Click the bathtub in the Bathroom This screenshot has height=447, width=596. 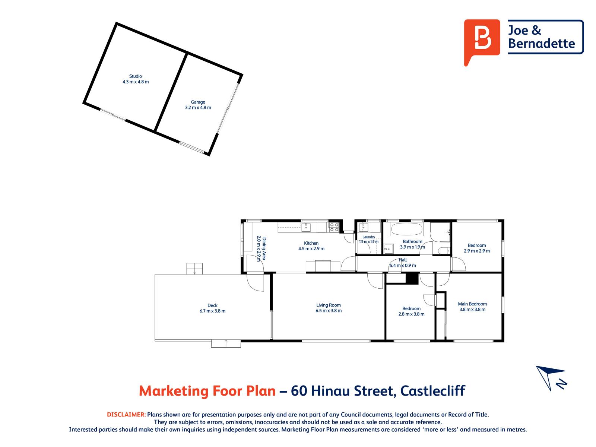pyautogui.click(x=406, y=229)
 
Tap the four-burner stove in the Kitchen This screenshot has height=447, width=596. pyautogui.click(x=334, y=227)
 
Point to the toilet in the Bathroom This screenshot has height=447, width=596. pyautogui.click(x=444, y=250)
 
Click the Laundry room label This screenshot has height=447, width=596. pyautogui.click(x=368, y=237)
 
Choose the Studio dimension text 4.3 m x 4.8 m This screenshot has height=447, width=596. pyautogui.click(x=136, y=82)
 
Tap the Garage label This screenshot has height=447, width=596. pyautogui.click(x=198, y=102)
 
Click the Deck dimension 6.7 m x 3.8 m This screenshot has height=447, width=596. pyautogui.click(x=212, y=311)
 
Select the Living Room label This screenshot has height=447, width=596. pyautogui.click(x=328, y=305)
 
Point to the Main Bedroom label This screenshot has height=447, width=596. pyautogui.click(x=472, y=304)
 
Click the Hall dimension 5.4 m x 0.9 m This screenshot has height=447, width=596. pyautogui.click(x=403, y=266)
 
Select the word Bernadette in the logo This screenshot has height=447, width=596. pyautogui.click(x=541, y=44)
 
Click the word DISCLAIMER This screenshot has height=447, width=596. pyautogui.click(x=126, y=415)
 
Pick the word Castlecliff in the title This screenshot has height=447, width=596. pyautogui.click(x=432, y=391)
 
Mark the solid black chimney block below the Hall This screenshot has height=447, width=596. pyautogui.click(x=412, y=279)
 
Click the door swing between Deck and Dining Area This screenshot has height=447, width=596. pyautogui.click(x=255, y=283)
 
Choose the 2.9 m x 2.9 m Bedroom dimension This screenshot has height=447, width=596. pyautogui.click(x=477, y=251)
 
